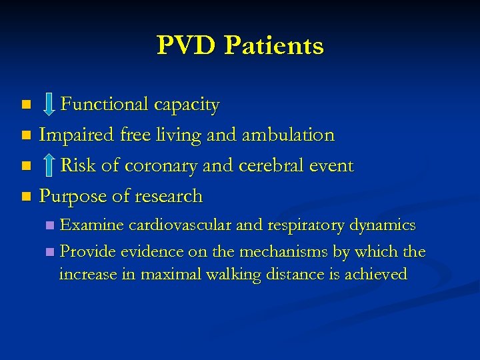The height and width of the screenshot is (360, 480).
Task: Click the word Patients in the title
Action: (x=274, y=46)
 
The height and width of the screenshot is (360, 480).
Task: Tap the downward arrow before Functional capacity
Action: (x=48, y=104)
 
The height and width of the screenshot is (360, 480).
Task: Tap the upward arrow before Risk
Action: (x=48, y=165)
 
